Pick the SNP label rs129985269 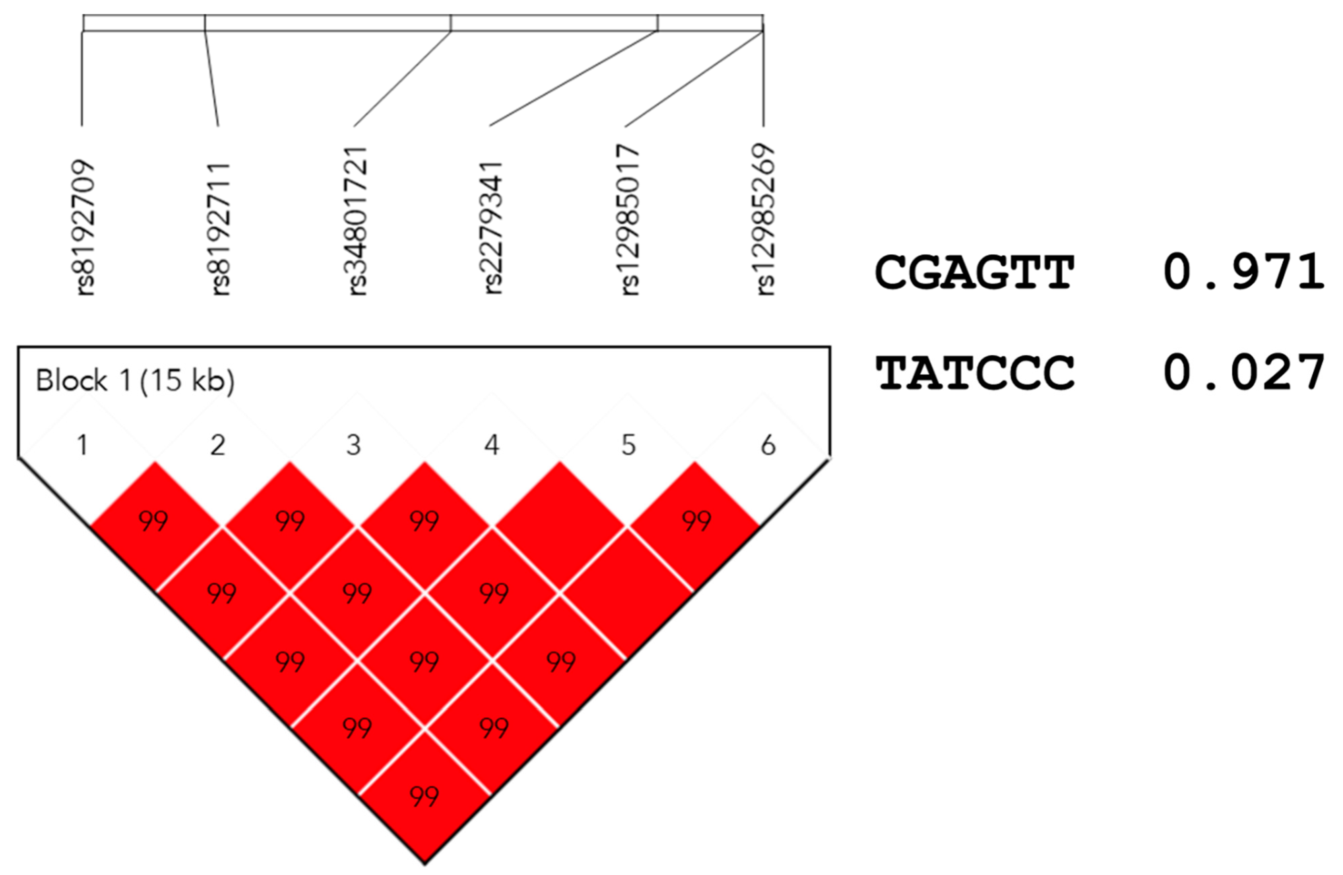coord(764,220)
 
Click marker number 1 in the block coord(83,445)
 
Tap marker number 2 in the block coord(218,445)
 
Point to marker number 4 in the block coord(492,445)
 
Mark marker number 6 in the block coord(768,445)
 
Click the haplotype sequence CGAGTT coord(974,273)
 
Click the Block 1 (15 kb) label coord(135,381)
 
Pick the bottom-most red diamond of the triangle coord(424,796)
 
